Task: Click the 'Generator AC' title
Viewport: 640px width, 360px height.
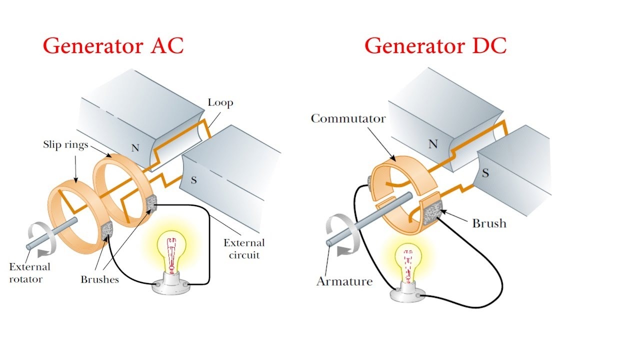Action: (113, 46)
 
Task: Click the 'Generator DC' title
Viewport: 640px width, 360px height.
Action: (435, 46)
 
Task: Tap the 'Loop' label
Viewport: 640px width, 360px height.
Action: (220, 103)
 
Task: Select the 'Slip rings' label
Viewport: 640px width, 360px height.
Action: (65, 145)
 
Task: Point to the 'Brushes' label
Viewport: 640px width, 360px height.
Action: (99, 279)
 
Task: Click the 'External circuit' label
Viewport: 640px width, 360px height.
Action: (244, 249)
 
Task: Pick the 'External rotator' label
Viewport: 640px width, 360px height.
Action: (29, 272)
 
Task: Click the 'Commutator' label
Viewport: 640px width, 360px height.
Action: (348, 119)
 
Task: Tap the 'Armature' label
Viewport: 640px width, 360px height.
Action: (344, 281)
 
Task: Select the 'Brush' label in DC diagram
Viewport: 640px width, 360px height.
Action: (489, 223)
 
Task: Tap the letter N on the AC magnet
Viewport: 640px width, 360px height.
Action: (135, 147)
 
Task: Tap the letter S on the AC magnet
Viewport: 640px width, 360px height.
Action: (194, 180)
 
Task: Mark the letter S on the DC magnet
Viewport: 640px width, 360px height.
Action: (485, 173)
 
